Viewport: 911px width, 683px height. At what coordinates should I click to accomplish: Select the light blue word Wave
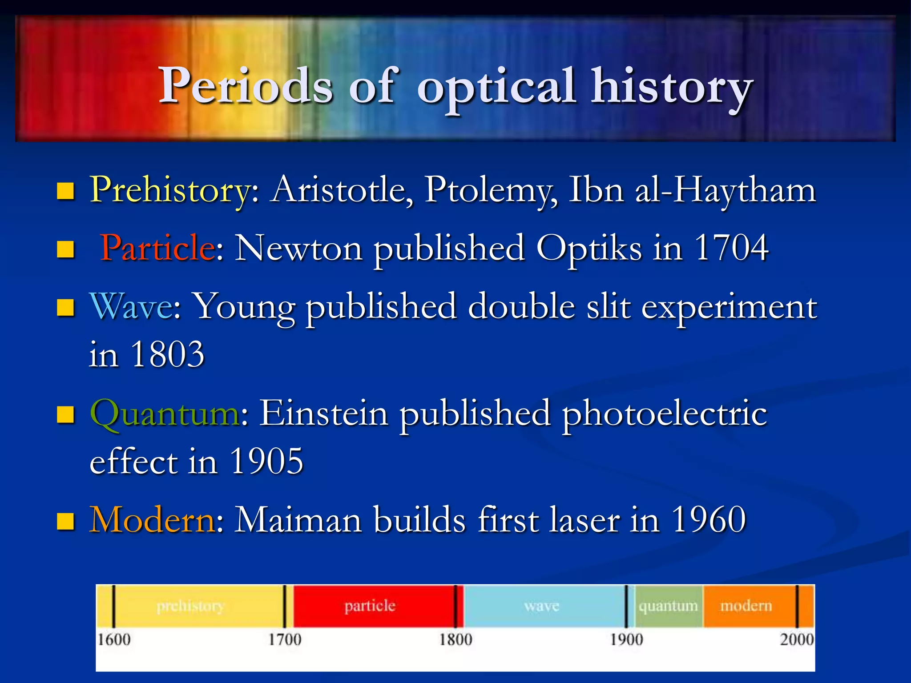(x=131, y=306)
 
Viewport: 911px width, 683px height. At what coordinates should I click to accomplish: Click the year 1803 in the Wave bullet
(x=168, y=354)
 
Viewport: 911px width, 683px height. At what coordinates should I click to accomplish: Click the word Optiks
(x=589, y=248)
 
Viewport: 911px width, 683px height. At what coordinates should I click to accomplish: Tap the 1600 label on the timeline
(x=114, y=640)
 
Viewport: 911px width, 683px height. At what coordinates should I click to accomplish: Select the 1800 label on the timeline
(x=455, y=640)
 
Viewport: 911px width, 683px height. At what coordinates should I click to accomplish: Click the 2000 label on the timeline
(x=796, y=640)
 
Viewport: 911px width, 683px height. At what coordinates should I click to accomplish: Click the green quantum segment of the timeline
(x=668, y=606)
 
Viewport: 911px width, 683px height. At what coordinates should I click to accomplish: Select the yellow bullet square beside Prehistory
(x=65, y=192)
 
